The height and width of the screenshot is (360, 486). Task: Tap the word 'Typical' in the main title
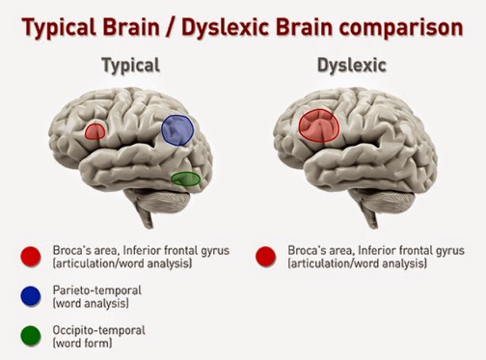[59, 28]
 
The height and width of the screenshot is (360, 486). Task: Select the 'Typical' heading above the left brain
[130, 66]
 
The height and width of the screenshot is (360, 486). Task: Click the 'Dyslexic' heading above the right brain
[352, 66]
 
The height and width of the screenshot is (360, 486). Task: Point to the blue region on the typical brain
[177, 130]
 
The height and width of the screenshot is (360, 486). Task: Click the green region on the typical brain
[185, 179]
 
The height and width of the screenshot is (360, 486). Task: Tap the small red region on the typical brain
[94, 131]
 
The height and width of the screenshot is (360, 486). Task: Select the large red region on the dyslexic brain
[319, 125]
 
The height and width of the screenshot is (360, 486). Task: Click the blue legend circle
[31, 296]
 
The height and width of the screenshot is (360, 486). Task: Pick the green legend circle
[31, 336]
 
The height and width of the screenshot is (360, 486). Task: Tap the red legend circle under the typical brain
[31, 257]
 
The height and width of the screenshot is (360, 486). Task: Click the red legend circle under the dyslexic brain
[266, 257]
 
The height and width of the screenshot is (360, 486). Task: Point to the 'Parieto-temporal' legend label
[97, 291]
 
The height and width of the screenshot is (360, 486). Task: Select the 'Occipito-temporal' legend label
[99, 330]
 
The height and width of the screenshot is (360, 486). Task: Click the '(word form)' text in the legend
[83, 344]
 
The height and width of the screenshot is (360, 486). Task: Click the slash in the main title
[171, 28]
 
